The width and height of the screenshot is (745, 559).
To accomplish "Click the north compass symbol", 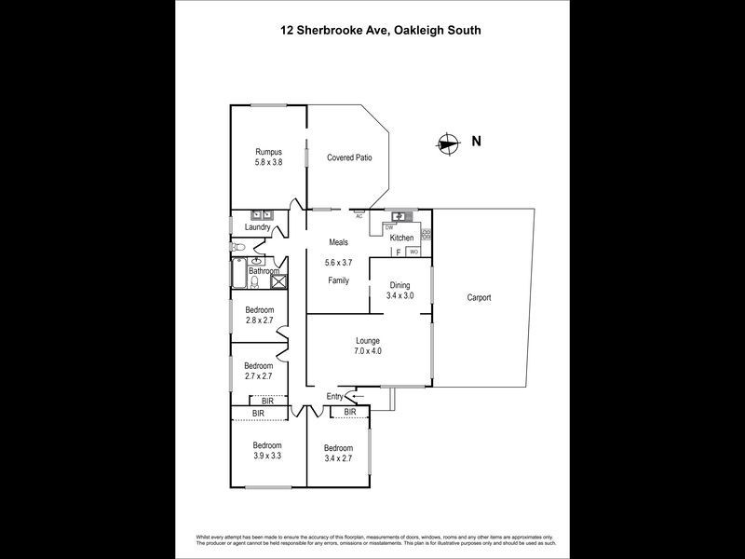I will click(x=448, y=143).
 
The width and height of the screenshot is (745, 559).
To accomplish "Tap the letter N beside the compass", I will click(x=476, y=143).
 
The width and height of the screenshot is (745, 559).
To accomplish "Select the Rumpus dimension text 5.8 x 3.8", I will click(x=268, y=162).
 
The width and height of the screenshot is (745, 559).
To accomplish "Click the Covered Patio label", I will click(x=349, y=157).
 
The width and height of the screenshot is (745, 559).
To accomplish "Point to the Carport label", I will click(x=479, y=298).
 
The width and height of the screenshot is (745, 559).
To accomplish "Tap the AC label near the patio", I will click(x=359, y=216).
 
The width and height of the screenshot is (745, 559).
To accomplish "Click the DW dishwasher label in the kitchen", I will click(x=389, y=227).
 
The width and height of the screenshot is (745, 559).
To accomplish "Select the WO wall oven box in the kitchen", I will click(x=413, y=252).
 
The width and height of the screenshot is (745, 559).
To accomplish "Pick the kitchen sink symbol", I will click(x=400, y=216).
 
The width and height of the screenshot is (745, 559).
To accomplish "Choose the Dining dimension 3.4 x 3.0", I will click(x=400, y=295).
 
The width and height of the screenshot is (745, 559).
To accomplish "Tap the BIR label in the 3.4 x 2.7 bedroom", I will click(x=350, y=412).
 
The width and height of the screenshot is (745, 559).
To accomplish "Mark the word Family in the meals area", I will click(x=338, y=280).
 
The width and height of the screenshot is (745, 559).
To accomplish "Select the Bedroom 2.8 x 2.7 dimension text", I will click(x=260, y=320).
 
